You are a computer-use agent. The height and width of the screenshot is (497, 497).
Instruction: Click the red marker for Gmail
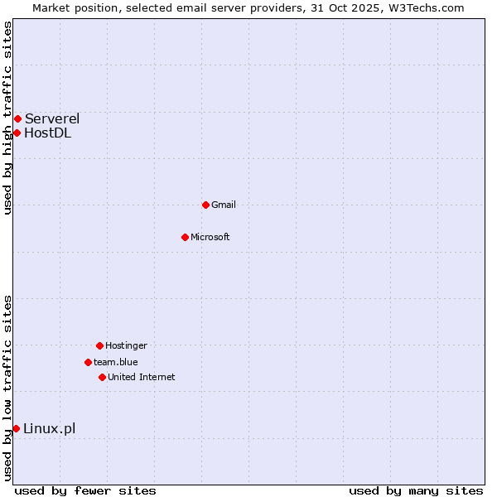[205, 205]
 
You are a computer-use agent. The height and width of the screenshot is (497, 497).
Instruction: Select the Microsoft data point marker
[185, 237]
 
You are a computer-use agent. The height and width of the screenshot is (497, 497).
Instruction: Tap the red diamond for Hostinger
[99, 345]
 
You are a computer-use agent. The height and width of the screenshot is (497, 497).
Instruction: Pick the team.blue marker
[88, 362]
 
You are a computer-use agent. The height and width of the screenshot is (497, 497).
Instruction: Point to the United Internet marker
[102, 377]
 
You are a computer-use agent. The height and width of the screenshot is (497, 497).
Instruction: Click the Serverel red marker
[17, 119]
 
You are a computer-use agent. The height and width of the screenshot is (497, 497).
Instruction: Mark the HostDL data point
[17, 133]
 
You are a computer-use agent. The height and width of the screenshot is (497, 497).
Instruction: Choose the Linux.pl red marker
[16, 428]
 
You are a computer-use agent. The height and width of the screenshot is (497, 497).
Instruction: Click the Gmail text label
[224, 205]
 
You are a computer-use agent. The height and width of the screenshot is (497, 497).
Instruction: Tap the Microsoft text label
[210, 237]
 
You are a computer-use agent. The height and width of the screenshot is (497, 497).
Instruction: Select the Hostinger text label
[126, 345]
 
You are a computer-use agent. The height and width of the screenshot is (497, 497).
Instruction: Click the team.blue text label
[116, 362]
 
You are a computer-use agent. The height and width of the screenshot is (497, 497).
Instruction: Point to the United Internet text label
[142, 377]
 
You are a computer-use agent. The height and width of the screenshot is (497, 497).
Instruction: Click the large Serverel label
[52, 119]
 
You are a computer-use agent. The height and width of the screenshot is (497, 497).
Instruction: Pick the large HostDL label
[48, 133]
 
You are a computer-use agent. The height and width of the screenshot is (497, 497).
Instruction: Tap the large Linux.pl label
[50, 428]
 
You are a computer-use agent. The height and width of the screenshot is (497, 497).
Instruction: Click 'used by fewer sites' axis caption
[85, 490]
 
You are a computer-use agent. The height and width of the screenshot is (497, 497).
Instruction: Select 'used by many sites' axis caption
[416, 490]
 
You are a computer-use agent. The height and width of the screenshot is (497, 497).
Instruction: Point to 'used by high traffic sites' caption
[7, 118]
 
